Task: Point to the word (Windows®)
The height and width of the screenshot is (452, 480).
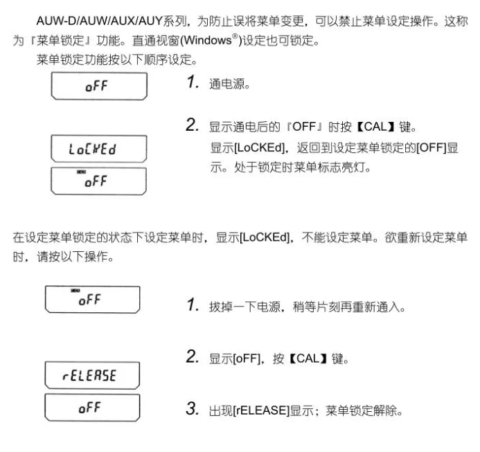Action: click(x=208, y=31)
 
